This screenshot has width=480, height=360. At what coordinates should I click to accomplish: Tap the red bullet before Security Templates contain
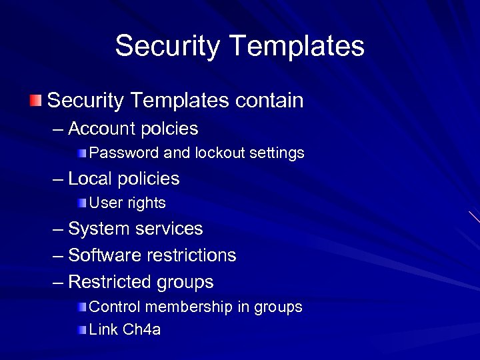coord(35,101)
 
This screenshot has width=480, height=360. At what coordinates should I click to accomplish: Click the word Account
coord(100,127)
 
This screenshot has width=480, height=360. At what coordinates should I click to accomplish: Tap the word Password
coord(124,153)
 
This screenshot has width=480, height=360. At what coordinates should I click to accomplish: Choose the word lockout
coord(221,153)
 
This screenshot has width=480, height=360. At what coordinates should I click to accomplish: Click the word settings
coord(277,153)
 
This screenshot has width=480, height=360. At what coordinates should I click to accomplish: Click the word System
coord(99,229)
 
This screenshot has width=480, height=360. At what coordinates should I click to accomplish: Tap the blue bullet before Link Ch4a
coord(81,330)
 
